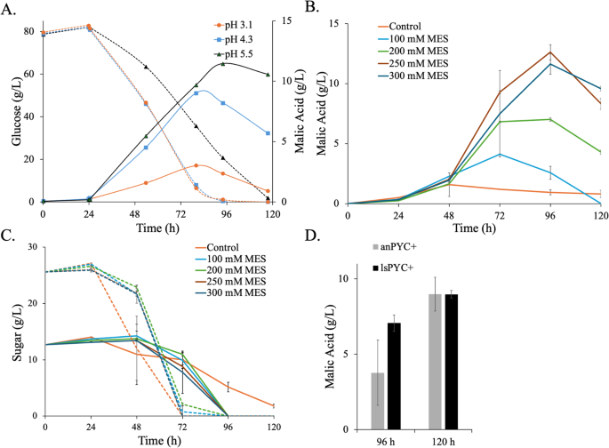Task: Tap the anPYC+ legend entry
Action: pyautogui.click(x=402, y=252)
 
